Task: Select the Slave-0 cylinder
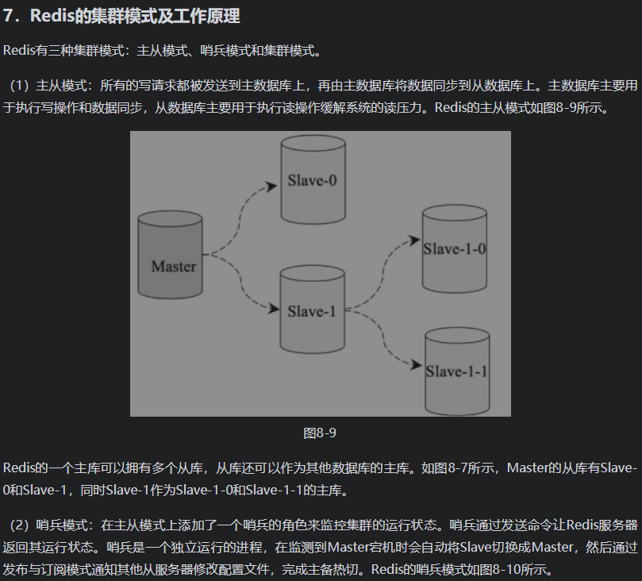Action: [312, 179]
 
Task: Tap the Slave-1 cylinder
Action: [312, 310]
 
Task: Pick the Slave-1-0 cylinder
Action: [454, 248]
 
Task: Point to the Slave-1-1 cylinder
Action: [456, 370]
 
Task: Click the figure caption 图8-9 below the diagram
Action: [320, 433]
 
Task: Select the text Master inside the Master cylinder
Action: [173, 266]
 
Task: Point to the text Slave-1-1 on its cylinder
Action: [456, 371]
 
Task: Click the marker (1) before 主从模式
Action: [21, 86]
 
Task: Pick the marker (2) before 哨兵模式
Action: [21, 525]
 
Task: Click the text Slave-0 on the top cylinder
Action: [312, 180]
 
